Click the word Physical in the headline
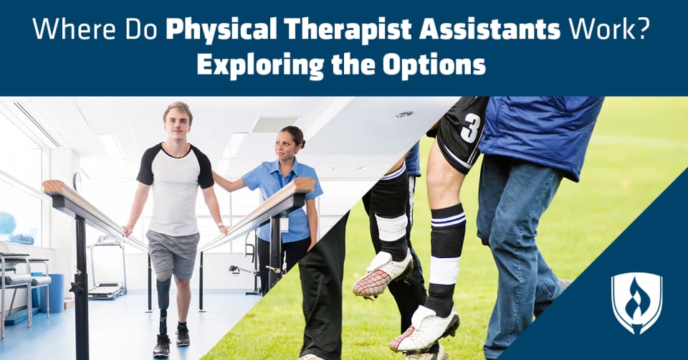click(221, 29)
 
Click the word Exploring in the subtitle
click(260, 65)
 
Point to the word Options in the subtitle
click(434, 65)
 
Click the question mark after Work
click(641, 29)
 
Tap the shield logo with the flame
click(636, 303)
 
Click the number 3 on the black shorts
click(470, 128)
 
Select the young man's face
click(177, 123)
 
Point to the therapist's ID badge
click(285, 224)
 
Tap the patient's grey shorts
click(172, 254)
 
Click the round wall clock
click(77, 182)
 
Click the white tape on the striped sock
click(444, 270)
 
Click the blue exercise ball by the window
click(7, 224)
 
